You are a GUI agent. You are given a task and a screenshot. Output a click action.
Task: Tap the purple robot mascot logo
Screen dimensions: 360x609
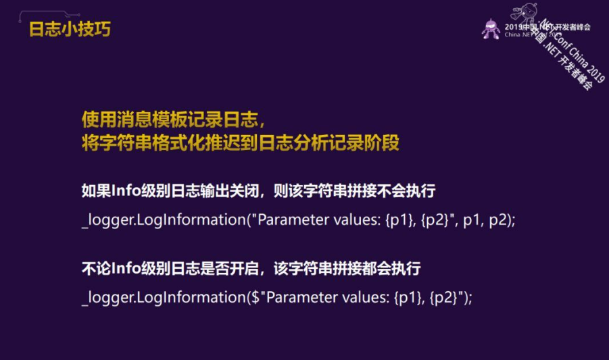point(491,28)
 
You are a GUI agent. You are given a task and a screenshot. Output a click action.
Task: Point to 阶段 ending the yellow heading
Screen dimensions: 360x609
point(383,143)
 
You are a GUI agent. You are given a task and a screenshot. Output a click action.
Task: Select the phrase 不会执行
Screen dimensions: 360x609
point(410,191)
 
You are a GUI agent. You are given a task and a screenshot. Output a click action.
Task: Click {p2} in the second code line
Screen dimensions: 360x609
point(443,298)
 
